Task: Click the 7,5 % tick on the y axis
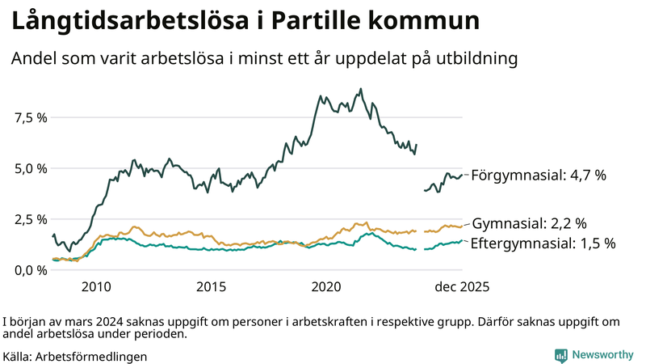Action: coord(31,117)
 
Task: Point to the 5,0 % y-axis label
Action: coord(31,168)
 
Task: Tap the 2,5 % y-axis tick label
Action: coord(31,219)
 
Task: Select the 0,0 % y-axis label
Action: coord(31,270)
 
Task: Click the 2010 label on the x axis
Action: coord(96,287)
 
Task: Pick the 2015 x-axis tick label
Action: coord(212,287)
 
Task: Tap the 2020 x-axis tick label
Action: coord(327,287)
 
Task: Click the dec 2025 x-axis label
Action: coord(463,287)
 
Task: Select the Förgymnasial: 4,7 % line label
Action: coord(538,175)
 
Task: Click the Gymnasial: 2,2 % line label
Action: coord(529,223)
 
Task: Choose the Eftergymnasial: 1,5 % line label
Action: coord(543,243)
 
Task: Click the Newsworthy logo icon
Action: coord(560,355)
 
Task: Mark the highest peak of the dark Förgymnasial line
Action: coord(361,89)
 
